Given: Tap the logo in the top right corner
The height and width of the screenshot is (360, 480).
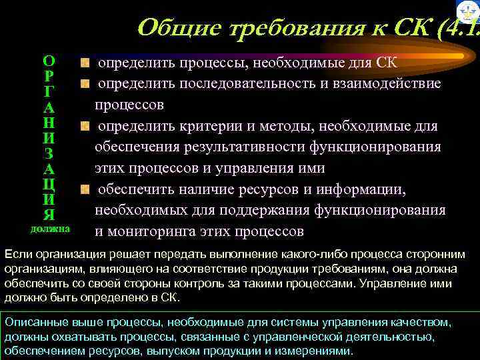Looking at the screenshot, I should pyautogui.click(x=469, y=11).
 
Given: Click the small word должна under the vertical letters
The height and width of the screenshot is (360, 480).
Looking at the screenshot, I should pyautogui.click(x=49, y=229).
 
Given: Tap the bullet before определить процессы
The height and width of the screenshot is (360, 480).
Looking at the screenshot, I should pyautogui.click(x=85, y=64).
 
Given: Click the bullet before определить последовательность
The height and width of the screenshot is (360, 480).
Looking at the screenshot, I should pyautogui.click(x=85, y=84).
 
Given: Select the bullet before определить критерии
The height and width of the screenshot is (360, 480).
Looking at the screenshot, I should pyautogui.click(x=85, y=125).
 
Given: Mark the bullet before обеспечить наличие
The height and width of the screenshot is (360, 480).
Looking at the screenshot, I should pyautogui.click(x=85, y=189).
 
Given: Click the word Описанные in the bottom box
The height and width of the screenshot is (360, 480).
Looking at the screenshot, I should pyautogui.click(x=32, y=322).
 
